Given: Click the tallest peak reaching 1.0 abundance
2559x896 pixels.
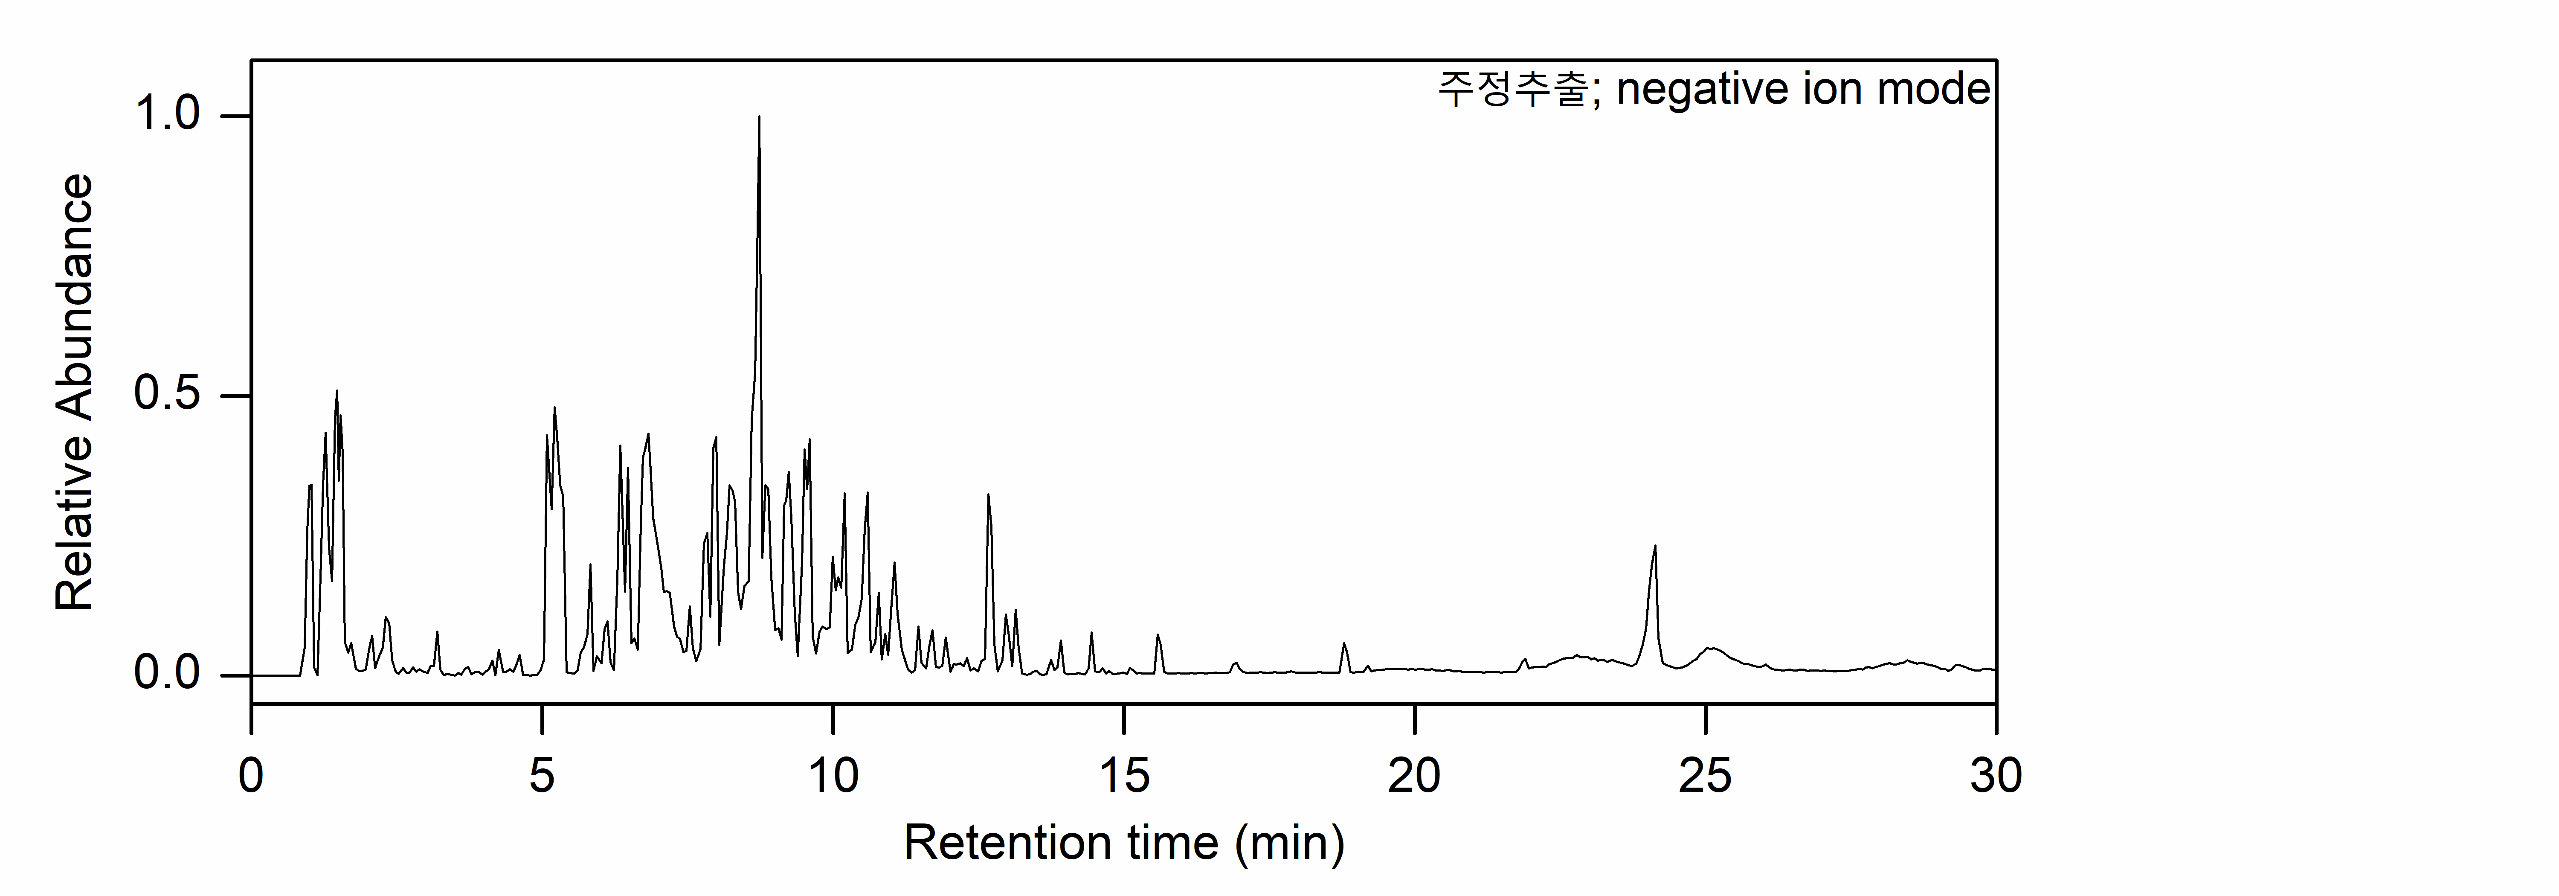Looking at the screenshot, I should (x=759, y=117).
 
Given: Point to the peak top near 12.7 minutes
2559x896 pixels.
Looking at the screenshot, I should (x=987, y=495).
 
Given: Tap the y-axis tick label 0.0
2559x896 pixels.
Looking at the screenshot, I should (x=167, y=675).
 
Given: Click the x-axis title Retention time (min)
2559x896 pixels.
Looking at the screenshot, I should (x=1123, y=844).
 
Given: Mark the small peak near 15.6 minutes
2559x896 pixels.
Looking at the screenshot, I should (x=1158, y=636).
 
